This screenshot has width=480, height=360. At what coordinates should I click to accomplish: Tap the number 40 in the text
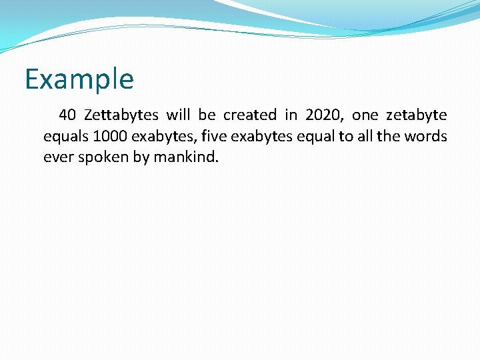click(x=67, y=115)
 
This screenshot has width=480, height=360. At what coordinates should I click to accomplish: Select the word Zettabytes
click(x=121, y=115)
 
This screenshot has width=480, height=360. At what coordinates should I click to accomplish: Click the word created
click(x=249, y=115)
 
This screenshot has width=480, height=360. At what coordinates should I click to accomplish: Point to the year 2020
click(x=322, y=115)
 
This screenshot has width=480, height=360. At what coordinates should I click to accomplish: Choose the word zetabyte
click(x=417, y=115)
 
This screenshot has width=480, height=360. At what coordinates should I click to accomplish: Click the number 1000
click(x=111, y=137)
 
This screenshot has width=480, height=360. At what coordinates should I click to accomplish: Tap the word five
click(x=213, y=137)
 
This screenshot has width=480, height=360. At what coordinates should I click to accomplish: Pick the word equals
click(x=66, y=137)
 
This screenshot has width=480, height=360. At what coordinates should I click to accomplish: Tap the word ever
click(x=57, y=159)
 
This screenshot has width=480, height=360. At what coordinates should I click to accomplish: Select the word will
click(x=178, y=115)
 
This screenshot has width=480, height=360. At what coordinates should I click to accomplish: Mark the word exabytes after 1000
click(x=160, y=137)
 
